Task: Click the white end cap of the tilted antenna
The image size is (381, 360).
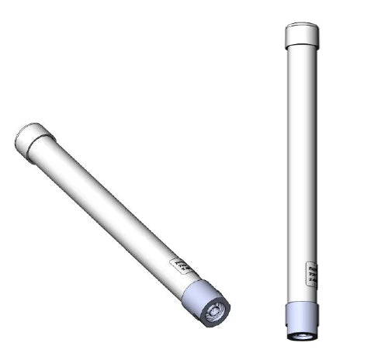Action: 35,140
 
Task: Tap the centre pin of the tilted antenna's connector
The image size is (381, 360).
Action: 214,313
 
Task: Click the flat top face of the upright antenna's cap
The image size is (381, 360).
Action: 302,25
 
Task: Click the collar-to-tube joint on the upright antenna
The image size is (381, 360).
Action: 303,299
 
